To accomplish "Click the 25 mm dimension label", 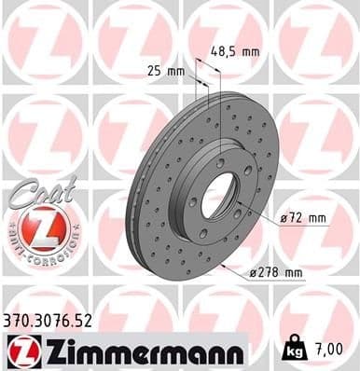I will coord(162,70).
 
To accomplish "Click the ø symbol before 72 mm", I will coord(283,218).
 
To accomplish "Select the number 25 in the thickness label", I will coord(154,70).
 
